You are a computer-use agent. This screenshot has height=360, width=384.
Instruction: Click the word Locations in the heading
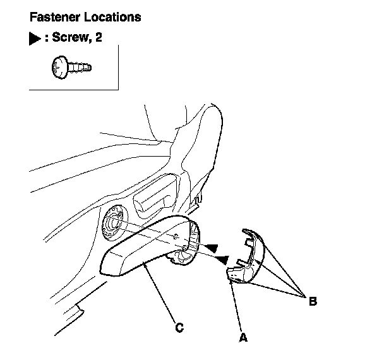(115, 17)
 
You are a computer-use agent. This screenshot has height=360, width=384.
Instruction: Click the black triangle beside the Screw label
(35, 39)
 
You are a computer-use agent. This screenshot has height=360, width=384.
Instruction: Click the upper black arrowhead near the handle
(214, 246)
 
